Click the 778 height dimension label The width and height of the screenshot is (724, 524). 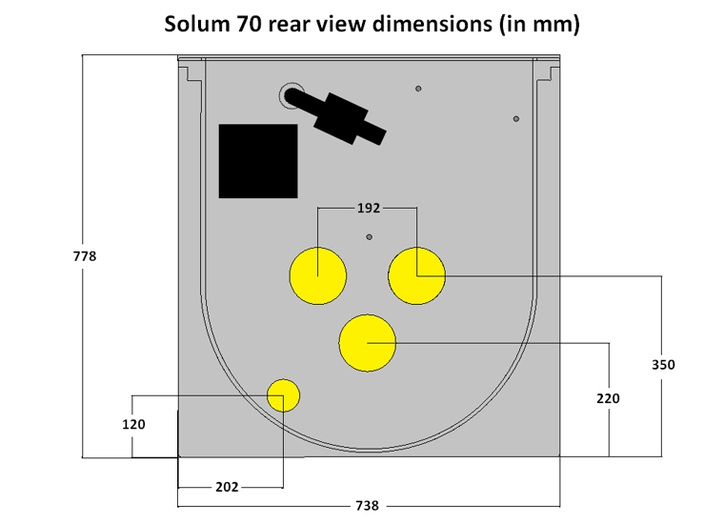[x=85, y=256]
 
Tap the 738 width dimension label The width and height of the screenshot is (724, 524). [x=367, y=506]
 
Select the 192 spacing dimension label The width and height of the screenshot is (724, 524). [x=369, y=209]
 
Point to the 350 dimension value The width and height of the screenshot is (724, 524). [x=663, y=365]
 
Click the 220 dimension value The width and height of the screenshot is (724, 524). [x=608, y=398]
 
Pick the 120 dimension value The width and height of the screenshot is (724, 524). [x=133, y=424]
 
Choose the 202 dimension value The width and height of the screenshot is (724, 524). [x=227, y=487]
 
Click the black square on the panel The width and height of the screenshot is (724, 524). [x=258, y=161]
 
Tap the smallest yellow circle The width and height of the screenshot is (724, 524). [x=284, y=395]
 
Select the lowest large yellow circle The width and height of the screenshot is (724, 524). [x=368, y=343]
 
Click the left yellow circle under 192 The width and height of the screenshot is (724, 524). [x=318, y=276]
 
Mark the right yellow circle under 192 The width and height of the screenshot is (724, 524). [x=417, y=276]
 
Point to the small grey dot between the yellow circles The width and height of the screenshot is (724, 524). [x=369, y=237]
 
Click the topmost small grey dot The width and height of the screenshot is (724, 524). [x=418, y=89]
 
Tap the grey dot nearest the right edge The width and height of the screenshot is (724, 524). [x=516, y=119]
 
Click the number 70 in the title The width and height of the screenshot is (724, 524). [x=250, y=24]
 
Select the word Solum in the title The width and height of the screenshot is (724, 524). [x=197, y=24]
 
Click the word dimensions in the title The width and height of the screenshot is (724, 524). [x=432, y=24]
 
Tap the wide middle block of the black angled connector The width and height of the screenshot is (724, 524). [x=342, y=119]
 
